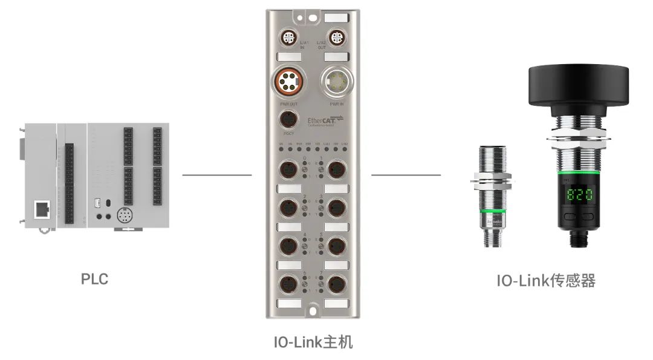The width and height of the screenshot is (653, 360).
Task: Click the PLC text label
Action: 94,279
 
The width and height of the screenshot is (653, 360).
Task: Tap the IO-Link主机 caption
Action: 312,342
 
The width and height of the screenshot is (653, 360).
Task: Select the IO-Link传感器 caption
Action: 546,280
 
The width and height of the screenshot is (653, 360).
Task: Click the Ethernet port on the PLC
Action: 42,209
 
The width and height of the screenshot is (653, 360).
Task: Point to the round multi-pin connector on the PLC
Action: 124,216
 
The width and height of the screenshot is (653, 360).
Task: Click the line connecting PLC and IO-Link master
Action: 217,175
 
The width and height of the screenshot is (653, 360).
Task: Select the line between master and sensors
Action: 406,175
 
